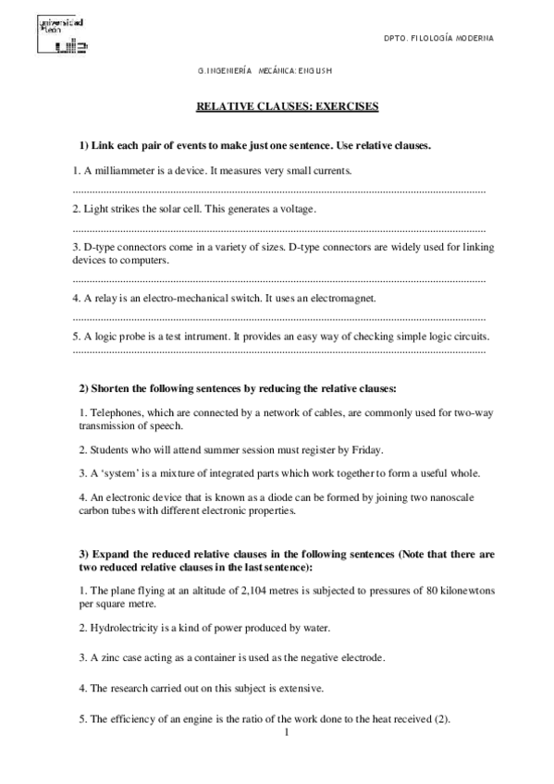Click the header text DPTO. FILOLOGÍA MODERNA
click(x=438, y=38)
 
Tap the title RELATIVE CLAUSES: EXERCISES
click(x=288, y=107)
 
